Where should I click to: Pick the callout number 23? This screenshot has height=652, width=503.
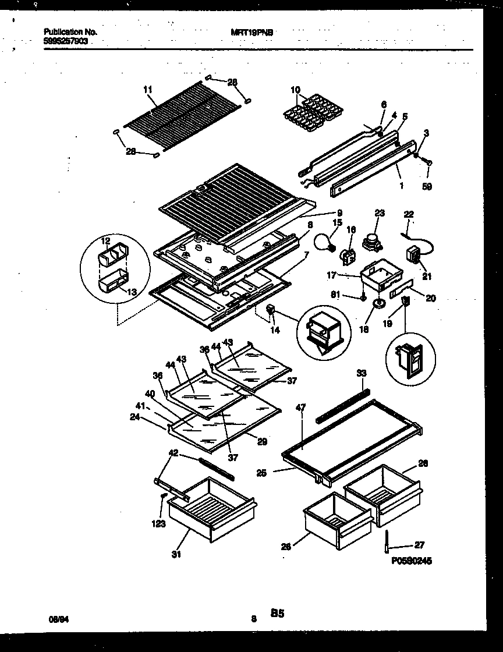point(380,214)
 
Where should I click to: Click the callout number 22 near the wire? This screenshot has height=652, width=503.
point(409,215)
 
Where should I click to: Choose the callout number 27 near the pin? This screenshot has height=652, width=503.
point(419,545)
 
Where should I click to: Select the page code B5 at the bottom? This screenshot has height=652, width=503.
point(277,613)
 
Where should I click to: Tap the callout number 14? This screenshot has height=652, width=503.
point(275,330)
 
